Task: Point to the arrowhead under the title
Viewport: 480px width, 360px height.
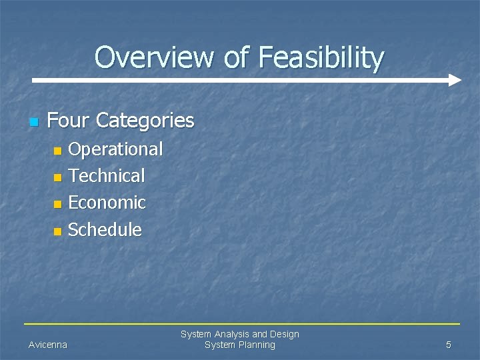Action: (x=454, y=80)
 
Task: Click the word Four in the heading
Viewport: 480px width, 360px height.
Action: (x=69, y=121)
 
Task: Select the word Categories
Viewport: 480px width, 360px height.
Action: (x=145, y=121)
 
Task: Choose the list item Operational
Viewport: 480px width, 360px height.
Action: (x=115, y=149)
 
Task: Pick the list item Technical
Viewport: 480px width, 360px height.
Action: (x=107, y=176)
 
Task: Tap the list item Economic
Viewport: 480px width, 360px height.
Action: (x=107, y=203)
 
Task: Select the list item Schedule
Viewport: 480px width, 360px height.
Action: (x=105, y=230)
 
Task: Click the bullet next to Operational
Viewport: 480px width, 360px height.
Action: (x=57, y=151)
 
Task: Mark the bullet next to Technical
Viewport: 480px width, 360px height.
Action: (x=57, y=177)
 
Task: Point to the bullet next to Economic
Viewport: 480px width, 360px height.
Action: (x=57, y=204)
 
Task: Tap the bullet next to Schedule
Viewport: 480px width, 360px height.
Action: (x=57, y=231)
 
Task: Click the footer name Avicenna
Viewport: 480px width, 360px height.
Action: (x=47, y=345)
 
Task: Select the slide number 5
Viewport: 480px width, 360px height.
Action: (x=448, y=345)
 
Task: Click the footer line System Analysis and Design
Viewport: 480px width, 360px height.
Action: (x=239, y=334)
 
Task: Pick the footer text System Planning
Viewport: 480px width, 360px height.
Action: (x=239, y=345)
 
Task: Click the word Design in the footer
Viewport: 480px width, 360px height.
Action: (x=285, y=334)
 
